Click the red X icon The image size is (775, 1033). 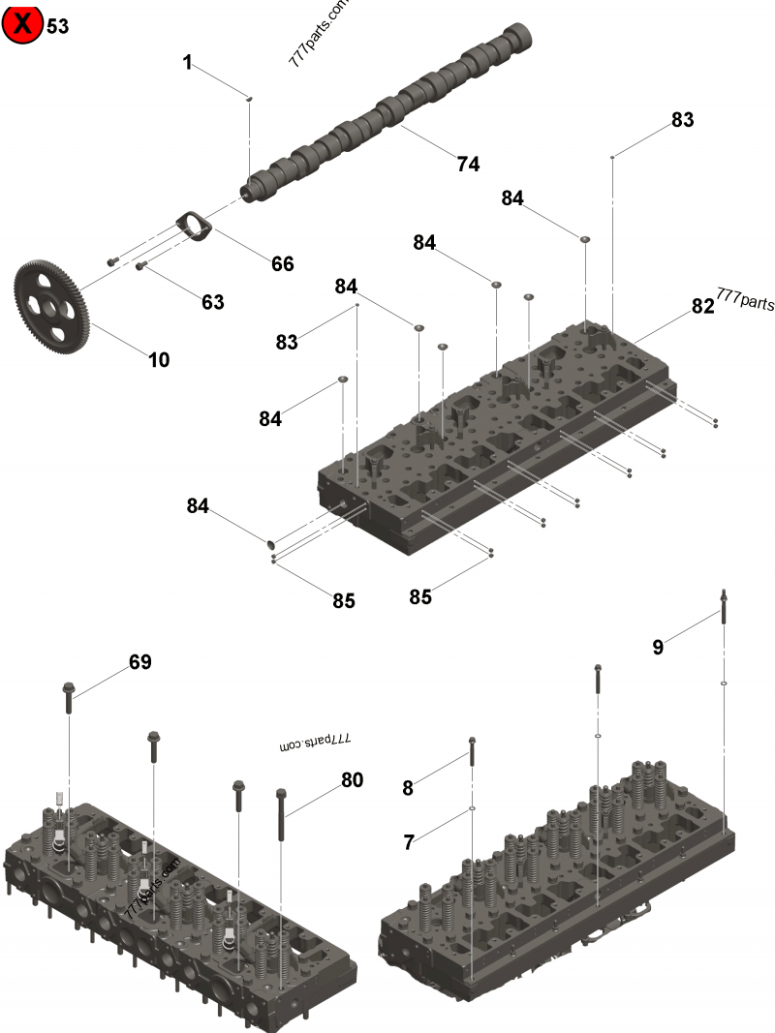point(22,23)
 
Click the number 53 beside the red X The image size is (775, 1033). point(58,26)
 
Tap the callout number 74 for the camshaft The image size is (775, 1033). point(468,165)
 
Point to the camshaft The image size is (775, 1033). point(387,111)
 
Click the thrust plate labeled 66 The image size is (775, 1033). point(193,225)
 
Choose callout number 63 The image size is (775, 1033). point(212,302)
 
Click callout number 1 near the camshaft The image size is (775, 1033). point(188,63)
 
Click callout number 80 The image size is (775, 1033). point(352,778)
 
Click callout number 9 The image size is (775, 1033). point(658,648)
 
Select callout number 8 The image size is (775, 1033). point(408,788)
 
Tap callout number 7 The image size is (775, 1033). point(409,842)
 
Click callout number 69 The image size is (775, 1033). point(140,662)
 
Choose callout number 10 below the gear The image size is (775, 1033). point(159,360)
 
